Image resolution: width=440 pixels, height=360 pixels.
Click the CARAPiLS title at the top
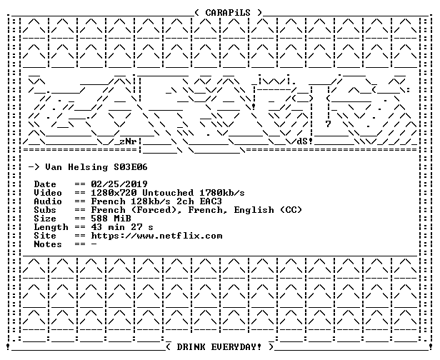tap(228, 13)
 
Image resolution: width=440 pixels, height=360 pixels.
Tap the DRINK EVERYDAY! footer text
tap(219, 347)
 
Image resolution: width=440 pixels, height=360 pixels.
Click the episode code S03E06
tap(131, 167)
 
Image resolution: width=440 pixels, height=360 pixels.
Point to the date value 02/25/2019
tap(119, 184)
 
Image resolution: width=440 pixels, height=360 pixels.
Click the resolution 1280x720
tap(114, 193)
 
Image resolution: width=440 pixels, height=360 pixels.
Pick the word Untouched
tap(168, 193)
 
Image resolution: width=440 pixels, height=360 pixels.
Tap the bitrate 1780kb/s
tap(222, 193)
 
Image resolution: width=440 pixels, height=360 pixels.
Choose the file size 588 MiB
tap(111, 219)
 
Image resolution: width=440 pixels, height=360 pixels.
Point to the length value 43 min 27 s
tap(122, 227)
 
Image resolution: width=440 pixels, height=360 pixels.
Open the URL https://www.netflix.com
tap(156, 236)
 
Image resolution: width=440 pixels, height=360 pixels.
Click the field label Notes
tap(48, 244)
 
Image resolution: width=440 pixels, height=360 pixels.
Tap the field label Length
tap(51, 227)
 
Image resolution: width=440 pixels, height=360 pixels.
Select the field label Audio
tap(48, 201)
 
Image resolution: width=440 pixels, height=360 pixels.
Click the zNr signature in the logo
tap(128, 141)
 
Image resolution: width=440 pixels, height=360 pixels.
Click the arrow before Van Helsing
tap(34, 167)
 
